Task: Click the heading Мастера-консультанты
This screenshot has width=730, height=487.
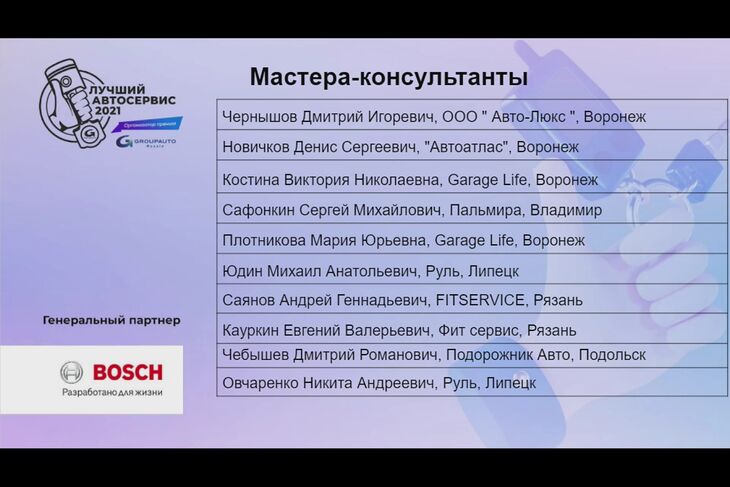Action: point(389,77)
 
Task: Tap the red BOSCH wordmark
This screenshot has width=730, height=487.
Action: point(128,372)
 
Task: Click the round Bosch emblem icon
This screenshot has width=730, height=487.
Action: point(72,372)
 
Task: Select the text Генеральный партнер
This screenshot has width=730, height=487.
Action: point(111,320)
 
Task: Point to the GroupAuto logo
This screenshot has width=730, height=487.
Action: point(146,141)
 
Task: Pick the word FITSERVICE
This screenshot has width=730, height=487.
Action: point(480,300)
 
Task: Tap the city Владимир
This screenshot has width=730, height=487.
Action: point(566,210)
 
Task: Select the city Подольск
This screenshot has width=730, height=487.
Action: point(612,355)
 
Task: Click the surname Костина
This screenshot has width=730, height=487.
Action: point(250,180)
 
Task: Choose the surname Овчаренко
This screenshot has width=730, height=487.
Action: point(260,383)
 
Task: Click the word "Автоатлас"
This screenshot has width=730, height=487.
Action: point(468,147)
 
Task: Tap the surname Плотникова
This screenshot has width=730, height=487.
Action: point(264,241)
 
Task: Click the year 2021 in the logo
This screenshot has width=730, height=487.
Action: point(108,111)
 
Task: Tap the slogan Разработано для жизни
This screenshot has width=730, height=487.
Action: point(112,392)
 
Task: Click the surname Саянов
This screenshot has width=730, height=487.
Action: point(248,300)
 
